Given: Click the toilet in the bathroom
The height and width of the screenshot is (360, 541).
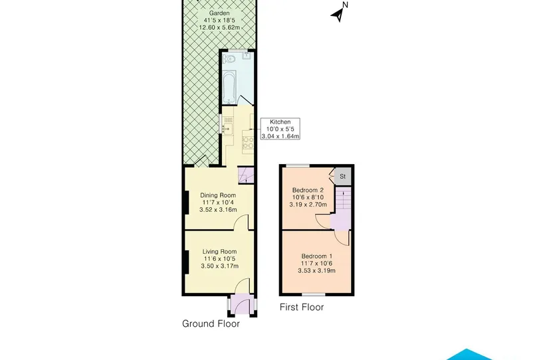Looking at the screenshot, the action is coord(229,59).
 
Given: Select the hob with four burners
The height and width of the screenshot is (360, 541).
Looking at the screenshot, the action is coord(248,143).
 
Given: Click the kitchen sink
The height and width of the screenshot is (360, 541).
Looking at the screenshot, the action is coord(227,129).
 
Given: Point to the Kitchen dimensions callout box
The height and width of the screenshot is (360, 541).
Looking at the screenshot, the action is coord(280,129).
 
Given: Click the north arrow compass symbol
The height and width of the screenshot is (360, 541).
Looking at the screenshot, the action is coord(339,12).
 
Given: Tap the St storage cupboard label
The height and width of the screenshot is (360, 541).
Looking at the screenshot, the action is coord(342,176).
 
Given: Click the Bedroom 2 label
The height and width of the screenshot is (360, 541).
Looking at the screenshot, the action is coord(308,190).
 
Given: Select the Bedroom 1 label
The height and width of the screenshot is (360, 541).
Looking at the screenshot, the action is coord(317,256).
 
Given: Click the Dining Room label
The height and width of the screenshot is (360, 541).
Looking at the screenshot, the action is coord(218,195).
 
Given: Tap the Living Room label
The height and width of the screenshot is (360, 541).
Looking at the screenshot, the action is coord(219,251).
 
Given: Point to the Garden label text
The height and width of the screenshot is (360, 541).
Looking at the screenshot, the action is coord(219,13).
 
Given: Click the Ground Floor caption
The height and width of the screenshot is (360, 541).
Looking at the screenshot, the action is coord(211,323).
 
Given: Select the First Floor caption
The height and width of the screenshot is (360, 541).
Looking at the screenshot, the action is coord(302,307).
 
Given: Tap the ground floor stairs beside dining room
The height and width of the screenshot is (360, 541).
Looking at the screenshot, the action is coord(246,175).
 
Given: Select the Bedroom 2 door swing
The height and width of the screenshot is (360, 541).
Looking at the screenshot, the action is coord(323,221).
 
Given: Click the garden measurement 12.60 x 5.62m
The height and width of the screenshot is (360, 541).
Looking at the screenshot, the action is coord(219,28).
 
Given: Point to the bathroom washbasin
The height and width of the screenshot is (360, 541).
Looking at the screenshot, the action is coord(247,56).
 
